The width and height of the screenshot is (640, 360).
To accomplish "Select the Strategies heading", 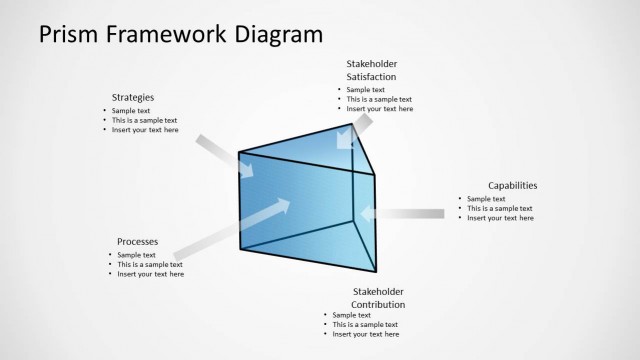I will tap(132, 97).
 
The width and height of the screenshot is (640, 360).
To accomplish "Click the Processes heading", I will tap(137, 241).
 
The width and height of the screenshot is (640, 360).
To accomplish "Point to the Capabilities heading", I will tap(512, 185).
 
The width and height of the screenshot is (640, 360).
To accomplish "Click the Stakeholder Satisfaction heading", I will tap(371, 70).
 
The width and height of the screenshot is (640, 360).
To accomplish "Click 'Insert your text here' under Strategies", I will tap(145, 130).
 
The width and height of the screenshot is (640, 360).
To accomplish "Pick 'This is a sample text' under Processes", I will tap(151, 264).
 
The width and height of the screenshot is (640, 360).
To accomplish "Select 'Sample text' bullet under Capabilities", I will tap(486, 199).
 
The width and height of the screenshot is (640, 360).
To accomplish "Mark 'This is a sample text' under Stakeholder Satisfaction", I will tap(379, 99).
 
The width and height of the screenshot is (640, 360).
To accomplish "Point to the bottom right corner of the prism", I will tap(376, 272).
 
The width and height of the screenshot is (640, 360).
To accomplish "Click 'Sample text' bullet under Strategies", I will tap(131, 111).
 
